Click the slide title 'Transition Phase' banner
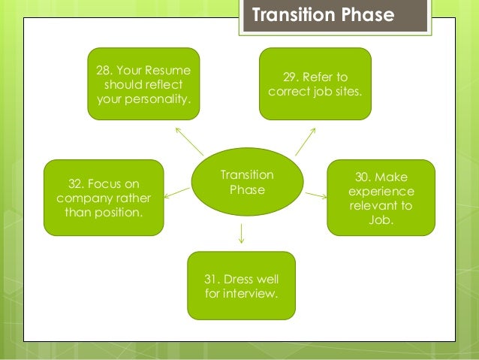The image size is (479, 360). pos(333,16)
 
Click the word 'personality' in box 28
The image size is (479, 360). pos(161,98)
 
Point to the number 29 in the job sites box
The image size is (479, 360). pos(291,77)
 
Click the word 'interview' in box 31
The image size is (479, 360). pos(250,292)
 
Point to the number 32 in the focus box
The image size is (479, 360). pos(77,183)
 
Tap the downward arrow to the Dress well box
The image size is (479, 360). pos(240,233)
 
